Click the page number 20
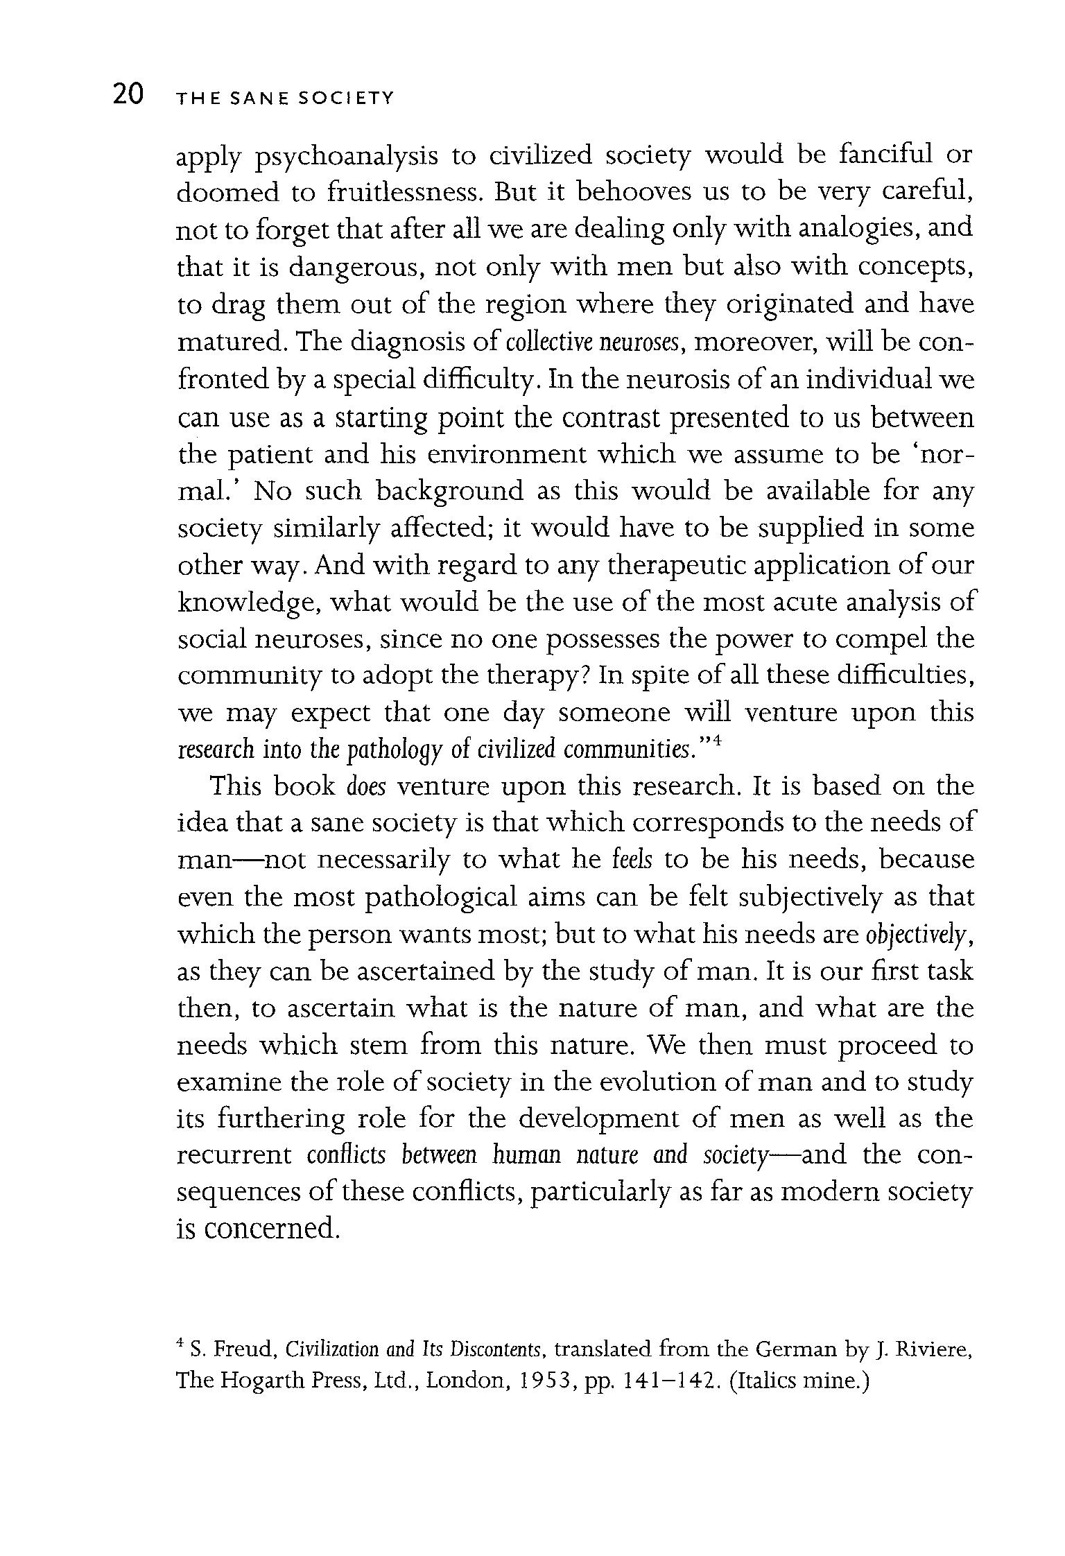128,94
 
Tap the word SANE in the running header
258,99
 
